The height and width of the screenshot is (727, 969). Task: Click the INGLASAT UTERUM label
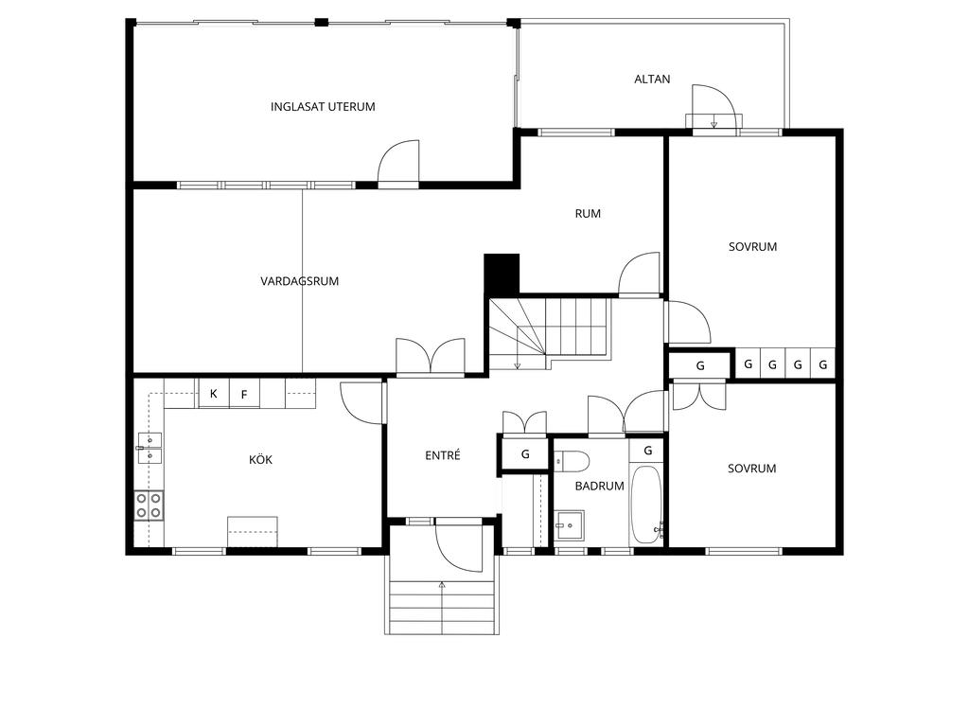coord(323,106)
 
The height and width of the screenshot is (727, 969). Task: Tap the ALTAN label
coord(652,80)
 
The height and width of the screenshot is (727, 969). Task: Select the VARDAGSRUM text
coord(300,281)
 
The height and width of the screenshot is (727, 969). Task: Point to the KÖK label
coord(260,459)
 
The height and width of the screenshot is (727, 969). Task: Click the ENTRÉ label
coord(443,455)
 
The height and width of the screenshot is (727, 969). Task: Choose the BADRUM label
coord(599,486)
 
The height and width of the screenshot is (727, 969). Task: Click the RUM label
coord(588,214)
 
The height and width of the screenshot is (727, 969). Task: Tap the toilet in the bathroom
coord(572,461)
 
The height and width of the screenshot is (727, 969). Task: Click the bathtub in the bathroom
coord(646,504)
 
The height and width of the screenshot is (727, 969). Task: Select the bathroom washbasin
coord(569,526)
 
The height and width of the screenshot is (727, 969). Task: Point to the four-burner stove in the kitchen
coord(149,505)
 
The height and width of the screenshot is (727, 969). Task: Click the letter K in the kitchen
coord(213,393)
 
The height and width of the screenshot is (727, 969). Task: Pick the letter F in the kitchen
coord(244,395)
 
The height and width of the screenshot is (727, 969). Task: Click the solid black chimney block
coord(502,274)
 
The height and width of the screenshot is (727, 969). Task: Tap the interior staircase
coord(549,334)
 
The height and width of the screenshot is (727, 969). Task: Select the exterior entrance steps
coord(442,607)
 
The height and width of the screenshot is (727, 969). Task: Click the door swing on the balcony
coord(714,106)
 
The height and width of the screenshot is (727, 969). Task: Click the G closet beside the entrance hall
coord(525,454)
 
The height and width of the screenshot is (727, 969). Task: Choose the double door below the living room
coord(431,356)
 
